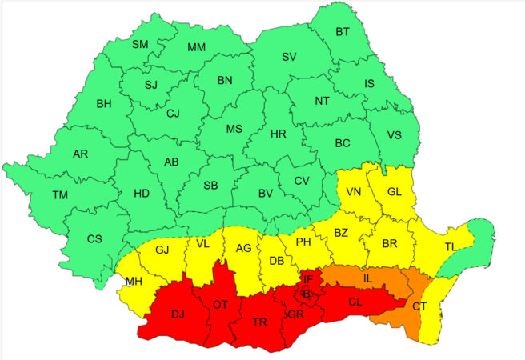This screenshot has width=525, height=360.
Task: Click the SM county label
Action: click(x=140, y=44)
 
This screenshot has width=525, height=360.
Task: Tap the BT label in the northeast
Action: click(x=343, y=32)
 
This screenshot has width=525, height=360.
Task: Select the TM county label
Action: click(x=60, y=194)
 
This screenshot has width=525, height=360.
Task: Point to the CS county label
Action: click(x=94, y=238)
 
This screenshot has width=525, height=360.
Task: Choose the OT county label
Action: click(x=221, y=305)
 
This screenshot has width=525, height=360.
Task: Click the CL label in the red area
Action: click(x=355, y=302)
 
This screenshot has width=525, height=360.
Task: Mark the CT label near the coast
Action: click(x=419, y=306)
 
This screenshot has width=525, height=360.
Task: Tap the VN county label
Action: click(x=355, y=192)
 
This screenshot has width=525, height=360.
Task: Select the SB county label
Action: click(x=210, y=185)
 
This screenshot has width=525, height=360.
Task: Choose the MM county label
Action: click(x=196, y=48)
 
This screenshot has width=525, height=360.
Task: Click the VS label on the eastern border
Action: click(x=394, y=135)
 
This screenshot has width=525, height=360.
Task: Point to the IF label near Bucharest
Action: click(x=307, y=278)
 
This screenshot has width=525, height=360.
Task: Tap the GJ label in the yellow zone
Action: click(x=162, y=250)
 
